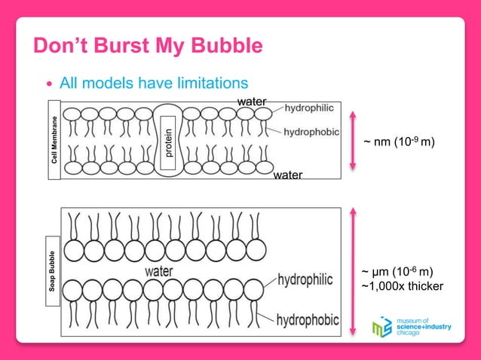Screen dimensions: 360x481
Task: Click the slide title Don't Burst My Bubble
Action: (148, 47)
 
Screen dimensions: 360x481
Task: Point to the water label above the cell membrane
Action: (252, 100)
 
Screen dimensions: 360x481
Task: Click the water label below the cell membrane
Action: (288, 175)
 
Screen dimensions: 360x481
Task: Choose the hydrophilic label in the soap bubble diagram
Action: (305, 280)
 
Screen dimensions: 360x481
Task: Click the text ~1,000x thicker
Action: (403, 286)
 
